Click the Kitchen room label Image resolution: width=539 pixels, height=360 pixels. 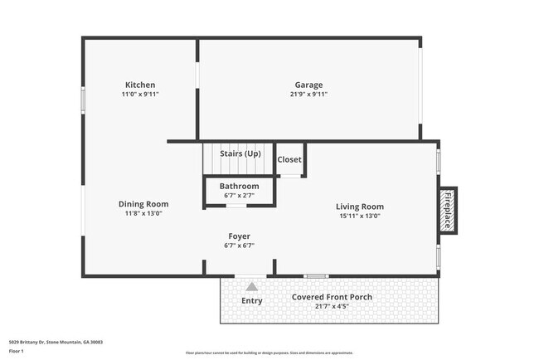tap(140, 85)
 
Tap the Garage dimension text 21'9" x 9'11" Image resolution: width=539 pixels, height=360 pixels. tap(309, 95)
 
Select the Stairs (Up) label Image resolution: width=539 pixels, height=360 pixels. tap(240, 153)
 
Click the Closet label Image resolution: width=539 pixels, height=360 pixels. tap(289, 159)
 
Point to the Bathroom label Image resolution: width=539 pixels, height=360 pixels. tap(240, 186)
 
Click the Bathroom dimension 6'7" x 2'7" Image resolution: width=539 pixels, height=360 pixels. tap(240, 195)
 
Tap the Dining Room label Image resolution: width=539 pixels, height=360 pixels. tap(143, 204)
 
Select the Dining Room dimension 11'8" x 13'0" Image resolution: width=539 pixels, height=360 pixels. tap(143, 213)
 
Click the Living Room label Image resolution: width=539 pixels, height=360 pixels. tap(360, 207)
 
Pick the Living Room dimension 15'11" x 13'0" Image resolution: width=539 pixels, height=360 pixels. tap(360, 216)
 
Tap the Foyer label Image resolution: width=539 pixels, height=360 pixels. tap(239, 236)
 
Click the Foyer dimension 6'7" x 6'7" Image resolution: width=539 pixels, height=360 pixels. tap(239, 246)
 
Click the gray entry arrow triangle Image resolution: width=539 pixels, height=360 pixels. tap(251, 286)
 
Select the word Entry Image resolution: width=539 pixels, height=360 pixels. tap(252, 300)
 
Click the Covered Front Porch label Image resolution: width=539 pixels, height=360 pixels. tap(332, 297)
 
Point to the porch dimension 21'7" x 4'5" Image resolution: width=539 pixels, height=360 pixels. tap(332, 306)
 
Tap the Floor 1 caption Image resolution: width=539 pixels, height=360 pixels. tap(17, 351)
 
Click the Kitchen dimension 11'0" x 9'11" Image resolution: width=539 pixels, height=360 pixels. tap(140, 95)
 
